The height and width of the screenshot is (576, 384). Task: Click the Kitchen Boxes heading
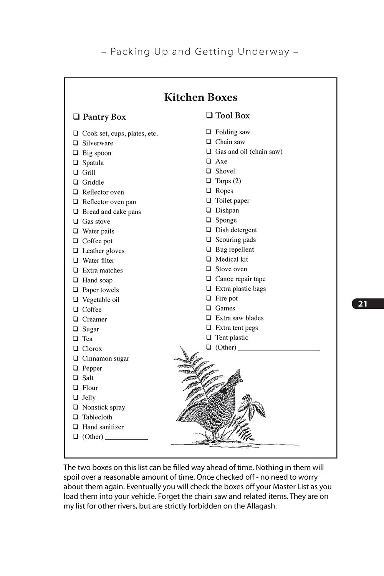[x=200, y=97]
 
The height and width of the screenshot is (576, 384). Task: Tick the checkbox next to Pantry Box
[x=76, y=117]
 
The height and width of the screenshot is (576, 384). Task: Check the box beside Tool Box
[x=209, y=115]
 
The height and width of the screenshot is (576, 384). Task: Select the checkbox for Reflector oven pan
[x=76, y=202]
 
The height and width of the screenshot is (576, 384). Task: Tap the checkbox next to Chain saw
[x=209, y=142]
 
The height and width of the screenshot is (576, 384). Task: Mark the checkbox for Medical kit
[x=209, y=259]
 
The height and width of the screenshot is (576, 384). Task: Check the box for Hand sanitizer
[x=76, y=427]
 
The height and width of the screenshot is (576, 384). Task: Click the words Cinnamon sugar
[x=106, y=358]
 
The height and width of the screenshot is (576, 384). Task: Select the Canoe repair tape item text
[x=240, y=279]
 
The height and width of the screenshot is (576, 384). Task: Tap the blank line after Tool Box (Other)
[x=279, y=348]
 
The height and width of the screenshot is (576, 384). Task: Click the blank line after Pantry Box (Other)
[x=126, y=438]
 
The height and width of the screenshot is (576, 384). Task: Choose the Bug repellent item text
[x=235, y=249]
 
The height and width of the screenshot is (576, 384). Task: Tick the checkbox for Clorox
[x=76, y=348]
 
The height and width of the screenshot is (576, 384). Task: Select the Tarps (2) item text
[x=228, y=181]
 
